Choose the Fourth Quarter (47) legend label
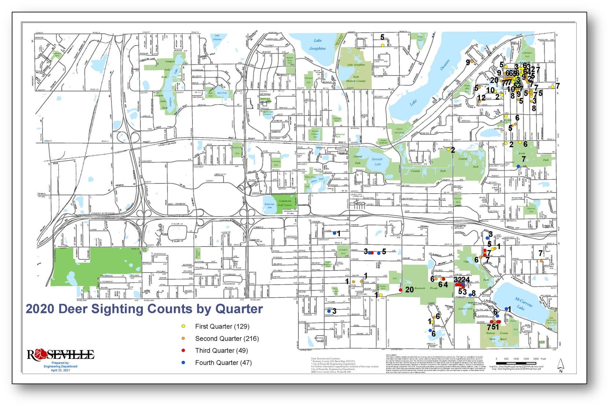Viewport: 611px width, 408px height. [x=223, y=363]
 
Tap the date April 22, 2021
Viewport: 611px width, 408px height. [x=61, y=370]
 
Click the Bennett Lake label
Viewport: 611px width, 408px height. [x=377, y=161]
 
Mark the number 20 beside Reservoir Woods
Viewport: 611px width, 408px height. [x=409, y=289]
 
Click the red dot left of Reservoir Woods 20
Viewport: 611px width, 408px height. [x=400, y=290]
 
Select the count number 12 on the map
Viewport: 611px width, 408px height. [x=482, y=98]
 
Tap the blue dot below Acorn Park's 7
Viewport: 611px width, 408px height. [x=518, y=166]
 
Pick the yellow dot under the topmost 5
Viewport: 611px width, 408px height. [x=382, y=45]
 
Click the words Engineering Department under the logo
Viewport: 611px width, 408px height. [x=61, y=366]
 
